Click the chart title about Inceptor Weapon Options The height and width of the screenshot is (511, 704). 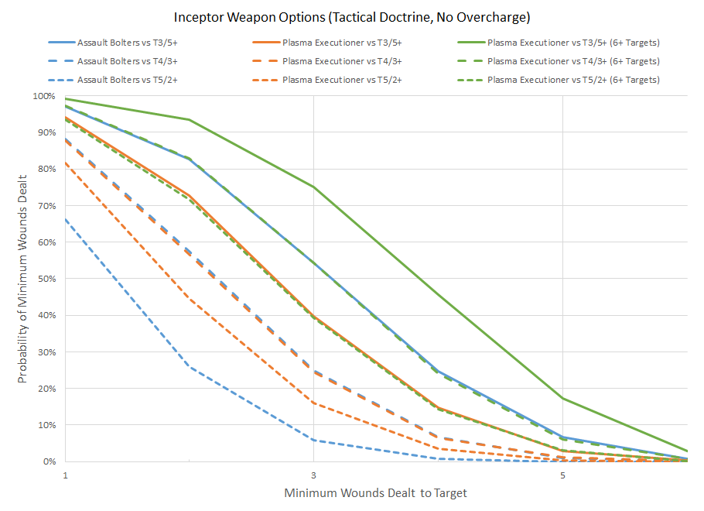352,17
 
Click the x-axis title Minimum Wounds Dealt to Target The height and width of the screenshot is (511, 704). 376,493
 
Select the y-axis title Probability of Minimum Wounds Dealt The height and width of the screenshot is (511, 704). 23,279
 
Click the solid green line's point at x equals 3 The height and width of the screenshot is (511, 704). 313,187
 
